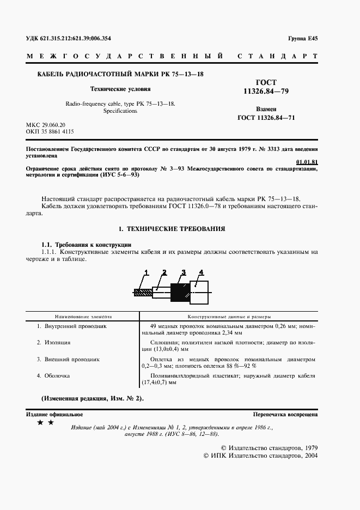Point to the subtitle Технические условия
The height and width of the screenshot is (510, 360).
120,88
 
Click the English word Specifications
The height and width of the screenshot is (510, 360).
120,111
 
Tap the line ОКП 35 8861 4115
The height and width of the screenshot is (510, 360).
50,132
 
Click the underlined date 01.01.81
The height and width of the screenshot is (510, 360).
307,162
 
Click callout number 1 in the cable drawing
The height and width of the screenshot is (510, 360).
146,272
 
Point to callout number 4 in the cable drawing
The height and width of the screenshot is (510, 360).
201,272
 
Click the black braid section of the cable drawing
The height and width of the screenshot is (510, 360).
179,292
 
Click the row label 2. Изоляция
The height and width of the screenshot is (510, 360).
54,342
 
